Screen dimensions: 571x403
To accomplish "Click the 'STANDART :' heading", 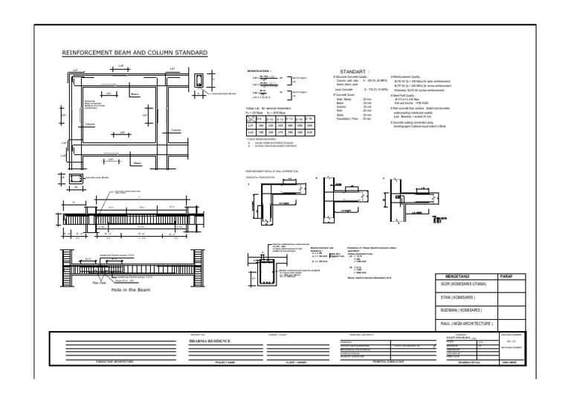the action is [x=355, y=71].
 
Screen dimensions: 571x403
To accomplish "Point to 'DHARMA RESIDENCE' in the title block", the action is [x=210, y=341].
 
